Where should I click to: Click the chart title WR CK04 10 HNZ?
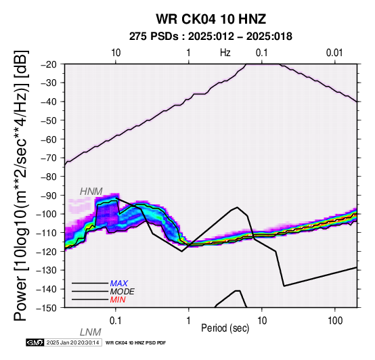211,19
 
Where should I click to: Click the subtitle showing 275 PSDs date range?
211,37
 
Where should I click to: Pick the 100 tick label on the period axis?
335,321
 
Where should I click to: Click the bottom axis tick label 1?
189,321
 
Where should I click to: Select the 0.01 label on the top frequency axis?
334,53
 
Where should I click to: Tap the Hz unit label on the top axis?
225,53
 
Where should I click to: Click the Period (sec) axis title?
225,328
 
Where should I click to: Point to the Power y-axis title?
20,185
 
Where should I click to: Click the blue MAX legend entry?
119,284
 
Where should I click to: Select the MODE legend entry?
123,292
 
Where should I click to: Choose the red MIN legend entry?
118,300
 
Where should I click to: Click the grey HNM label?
91,192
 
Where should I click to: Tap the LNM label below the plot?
91,332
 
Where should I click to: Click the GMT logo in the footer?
35,342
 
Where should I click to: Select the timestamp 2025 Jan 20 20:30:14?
72,342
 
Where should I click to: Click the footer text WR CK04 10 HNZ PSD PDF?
135,343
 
